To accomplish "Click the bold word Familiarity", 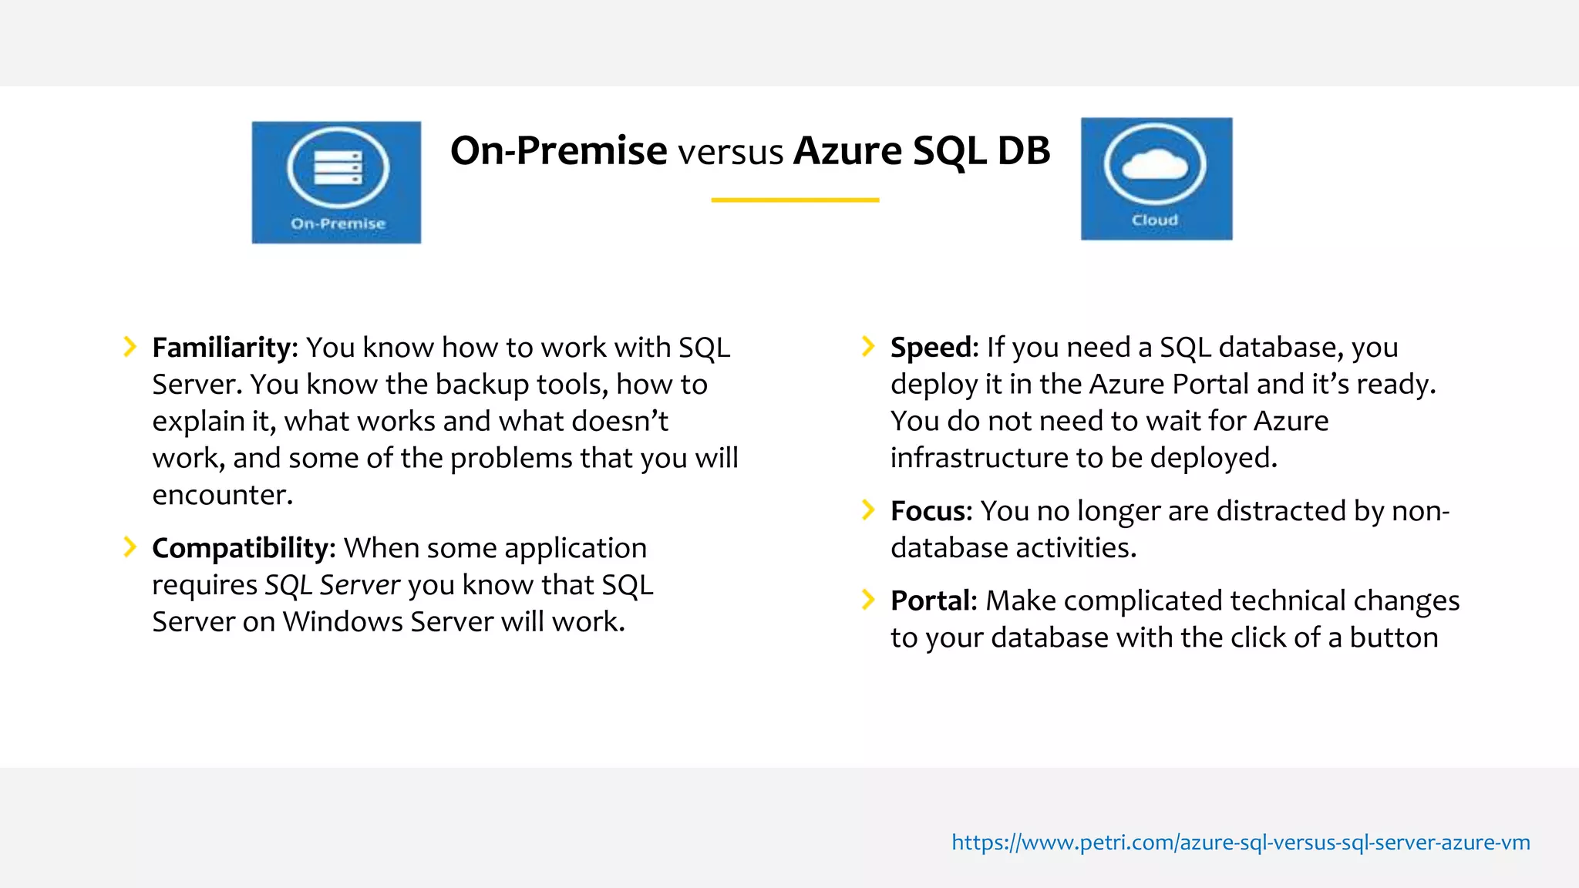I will pos(221,348).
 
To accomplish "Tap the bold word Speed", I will pos(931,348).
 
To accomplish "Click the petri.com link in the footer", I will pos(1240,842).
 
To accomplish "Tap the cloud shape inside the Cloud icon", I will pos(1154,164).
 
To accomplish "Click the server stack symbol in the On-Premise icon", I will pos(338,168).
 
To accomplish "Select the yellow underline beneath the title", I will pos(794,200).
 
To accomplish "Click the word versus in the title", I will pos(730,152).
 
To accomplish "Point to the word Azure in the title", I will pos(847,150).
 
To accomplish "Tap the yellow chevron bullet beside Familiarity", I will pos(130,347).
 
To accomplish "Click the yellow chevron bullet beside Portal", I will pos(868,600).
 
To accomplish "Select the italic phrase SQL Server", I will pos(332,585).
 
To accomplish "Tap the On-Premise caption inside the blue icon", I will pos(338,224).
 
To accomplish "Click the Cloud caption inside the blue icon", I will pos(1154,220).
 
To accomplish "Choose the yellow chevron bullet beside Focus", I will pos(868,510).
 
